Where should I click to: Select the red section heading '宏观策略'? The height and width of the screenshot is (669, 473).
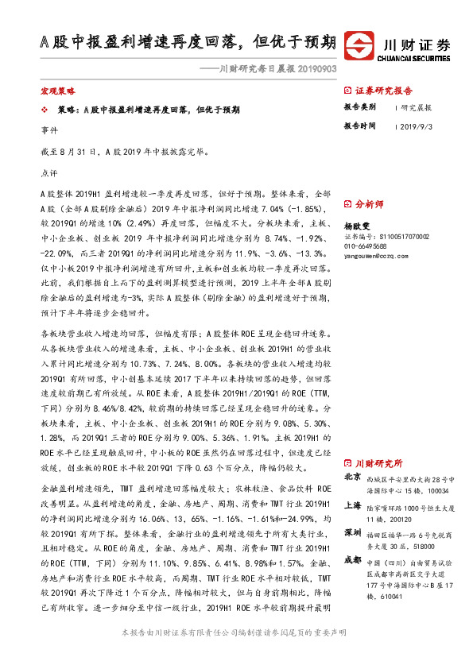56,92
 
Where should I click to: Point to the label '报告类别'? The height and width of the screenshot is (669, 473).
359,107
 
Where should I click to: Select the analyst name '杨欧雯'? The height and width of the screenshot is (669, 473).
357,225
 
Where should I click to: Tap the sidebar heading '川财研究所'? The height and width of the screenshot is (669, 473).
379,462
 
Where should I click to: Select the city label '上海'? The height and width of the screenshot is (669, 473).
352,505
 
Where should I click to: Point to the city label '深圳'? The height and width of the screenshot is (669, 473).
352,532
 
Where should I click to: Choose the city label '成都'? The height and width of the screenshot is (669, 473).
352,561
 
